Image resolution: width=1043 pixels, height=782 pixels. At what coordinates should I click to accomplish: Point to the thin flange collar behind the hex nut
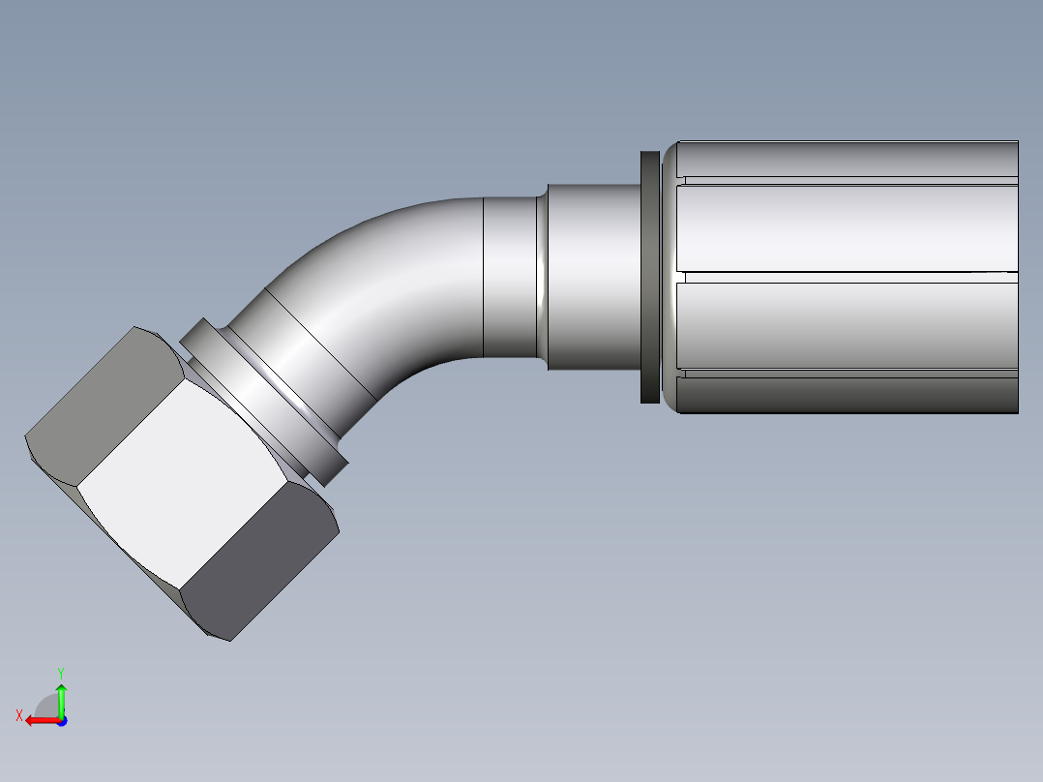pyautogui.click(x=264, y=403)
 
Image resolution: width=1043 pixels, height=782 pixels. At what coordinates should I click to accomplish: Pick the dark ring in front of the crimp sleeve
pyautogui.click(x=650, y=277)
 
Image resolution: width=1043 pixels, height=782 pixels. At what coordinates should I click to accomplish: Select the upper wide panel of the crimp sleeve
pyautogui.click(x=847, y=228)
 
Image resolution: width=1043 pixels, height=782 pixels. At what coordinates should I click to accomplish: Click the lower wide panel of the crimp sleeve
pyautogui.click(x=847, y=325)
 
